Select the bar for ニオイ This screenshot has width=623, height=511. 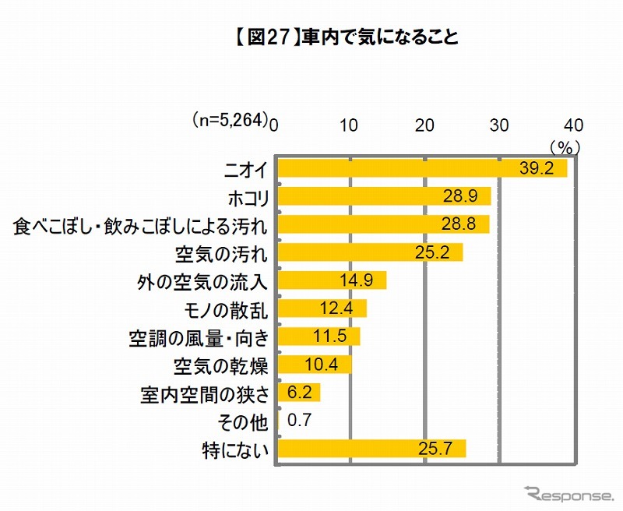tap(421, 168)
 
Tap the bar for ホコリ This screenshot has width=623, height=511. tap(383, 196)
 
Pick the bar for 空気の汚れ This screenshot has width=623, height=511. tap(369, 252)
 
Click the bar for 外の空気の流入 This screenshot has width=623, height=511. tap(331, 280)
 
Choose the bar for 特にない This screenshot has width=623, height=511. tap(371, 449)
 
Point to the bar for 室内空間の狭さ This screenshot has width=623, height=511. tap(298, 393)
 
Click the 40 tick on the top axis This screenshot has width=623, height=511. tap(573, 125)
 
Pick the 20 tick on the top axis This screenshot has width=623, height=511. tap(425, 125)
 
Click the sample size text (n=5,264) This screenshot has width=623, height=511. tap(231, 122)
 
